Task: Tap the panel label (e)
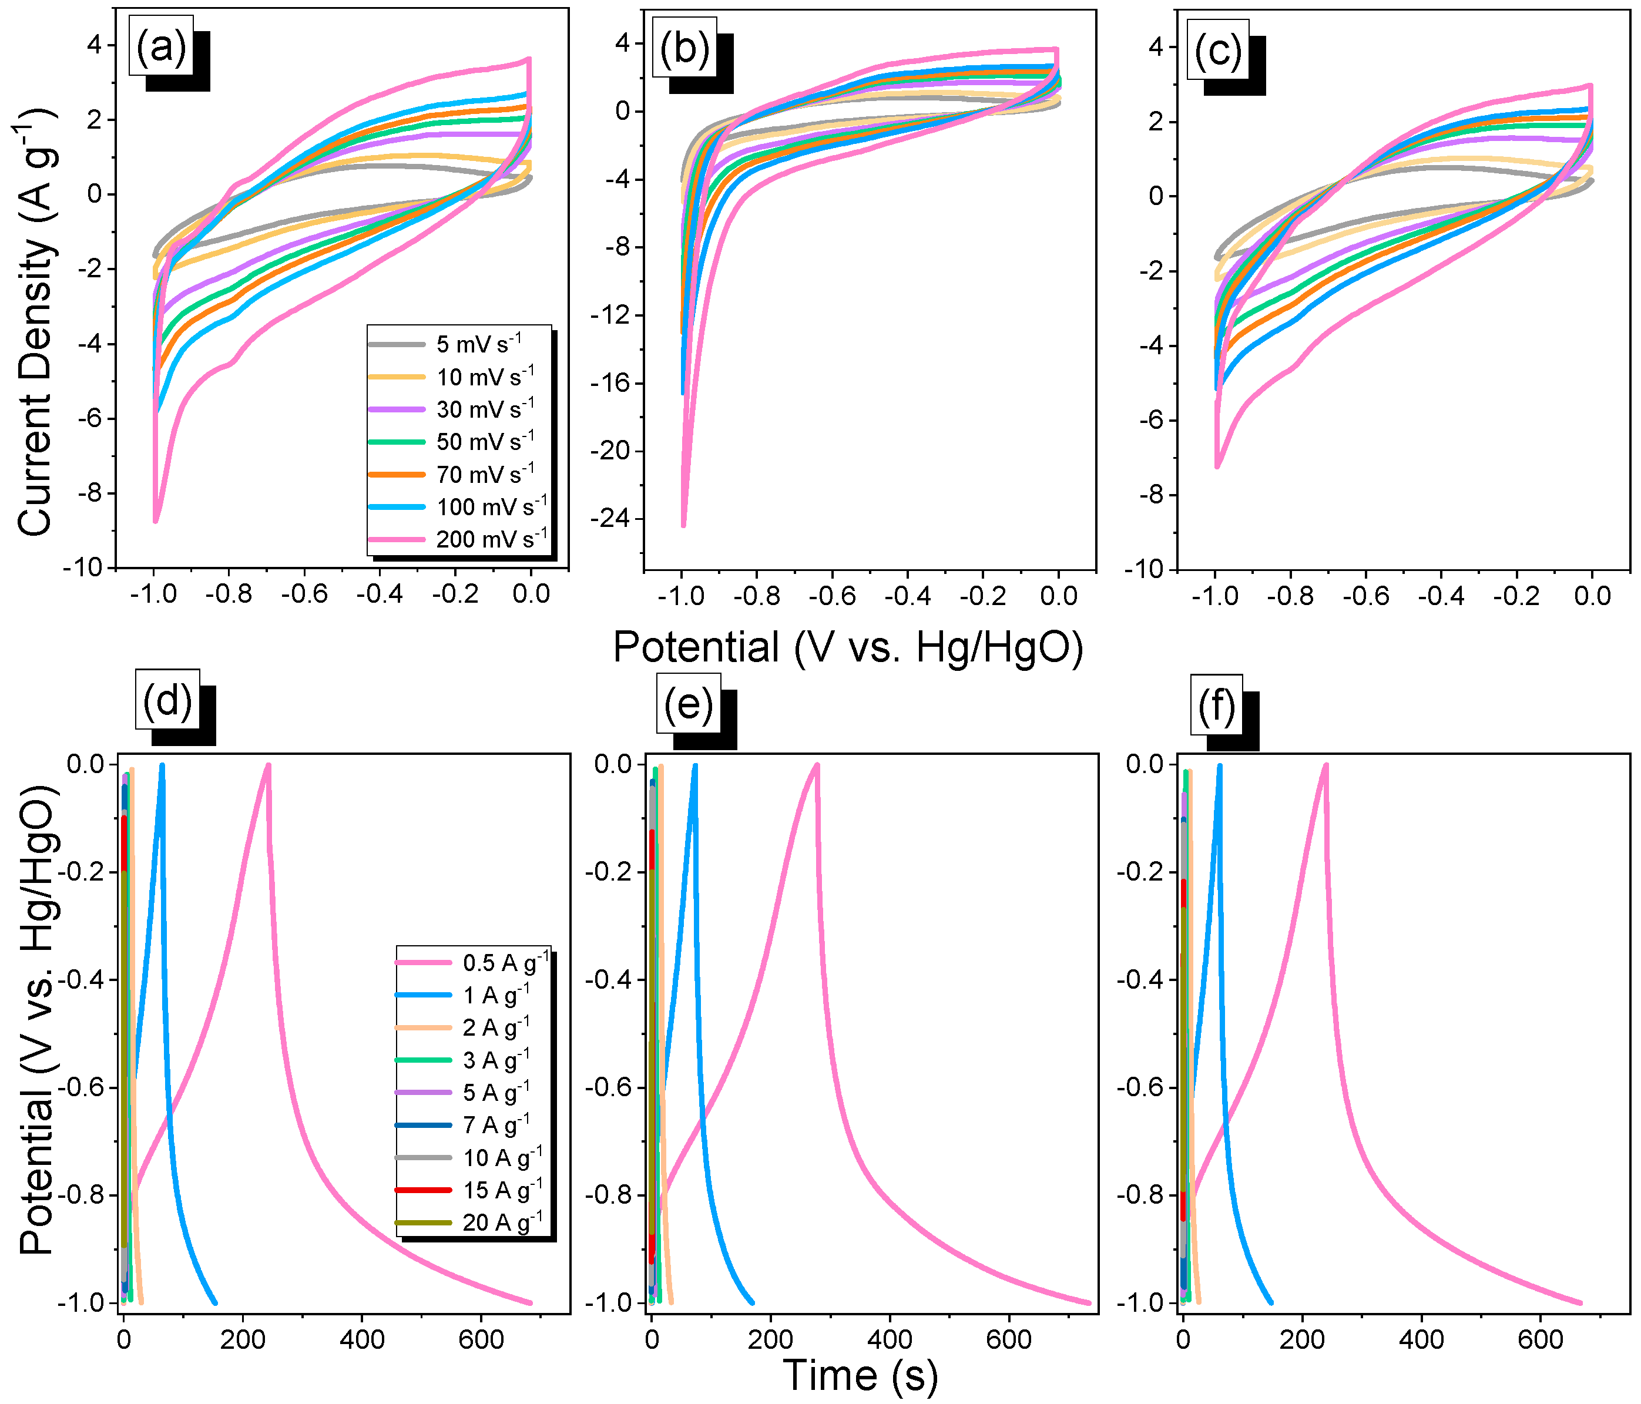tap(687, 703)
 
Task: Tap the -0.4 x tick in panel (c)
tap(1441, 596)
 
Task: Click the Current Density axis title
tap(36, 321)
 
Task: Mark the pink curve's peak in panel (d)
tap(269, 765)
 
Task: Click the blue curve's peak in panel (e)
tap(694, 765)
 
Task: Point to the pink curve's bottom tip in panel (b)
tap(683, 525)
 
